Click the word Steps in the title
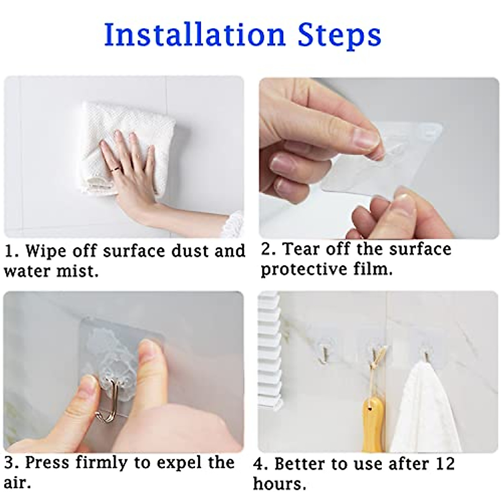[339, 35]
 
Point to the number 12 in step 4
[444, 464]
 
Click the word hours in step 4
[279, 484]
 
